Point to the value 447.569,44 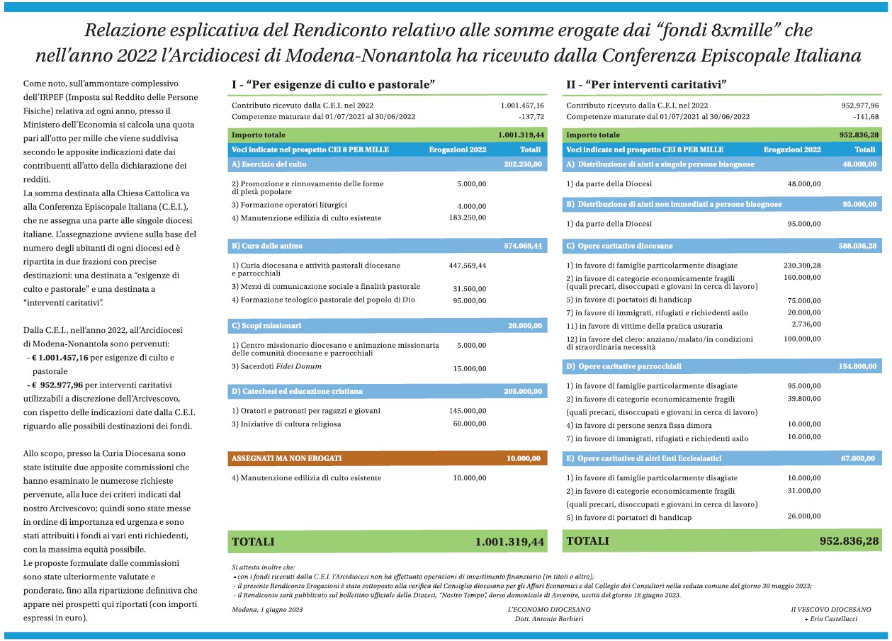tap(468, 266)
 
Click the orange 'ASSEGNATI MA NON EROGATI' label tap(287, 458)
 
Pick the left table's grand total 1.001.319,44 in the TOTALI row tap(509, 542)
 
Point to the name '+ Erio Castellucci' tap(831, 620)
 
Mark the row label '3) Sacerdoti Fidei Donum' tap(276, 366)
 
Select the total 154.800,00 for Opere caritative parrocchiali tap(858, 366)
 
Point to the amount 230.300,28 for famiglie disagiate tap(802, 265)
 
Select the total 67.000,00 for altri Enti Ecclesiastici tap(859, 458)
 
